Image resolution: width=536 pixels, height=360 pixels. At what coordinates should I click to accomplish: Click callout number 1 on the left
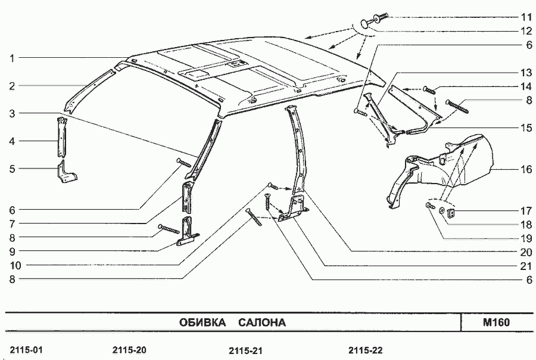(11, 58)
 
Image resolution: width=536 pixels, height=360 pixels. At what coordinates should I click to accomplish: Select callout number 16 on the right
(526, 169)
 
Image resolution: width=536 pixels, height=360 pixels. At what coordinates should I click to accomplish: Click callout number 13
(525, 73)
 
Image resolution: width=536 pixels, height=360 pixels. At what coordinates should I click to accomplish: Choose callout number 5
(11, 169)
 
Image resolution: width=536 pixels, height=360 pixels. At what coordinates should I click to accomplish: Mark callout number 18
(525, 224)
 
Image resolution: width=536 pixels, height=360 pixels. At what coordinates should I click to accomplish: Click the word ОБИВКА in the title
(202, 322)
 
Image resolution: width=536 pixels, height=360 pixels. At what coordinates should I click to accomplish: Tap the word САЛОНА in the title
(262, 322)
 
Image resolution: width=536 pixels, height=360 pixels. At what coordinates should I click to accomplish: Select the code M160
(496, 322)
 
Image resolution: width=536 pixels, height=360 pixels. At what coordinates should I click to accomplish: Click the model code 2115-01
(26, 349)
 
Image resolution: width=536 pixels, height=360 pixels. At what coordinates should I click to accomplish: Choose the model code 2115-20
(129, 349)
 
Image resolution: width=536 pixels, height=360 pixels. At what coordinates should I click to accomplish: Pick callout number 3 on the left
(11, 113)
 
